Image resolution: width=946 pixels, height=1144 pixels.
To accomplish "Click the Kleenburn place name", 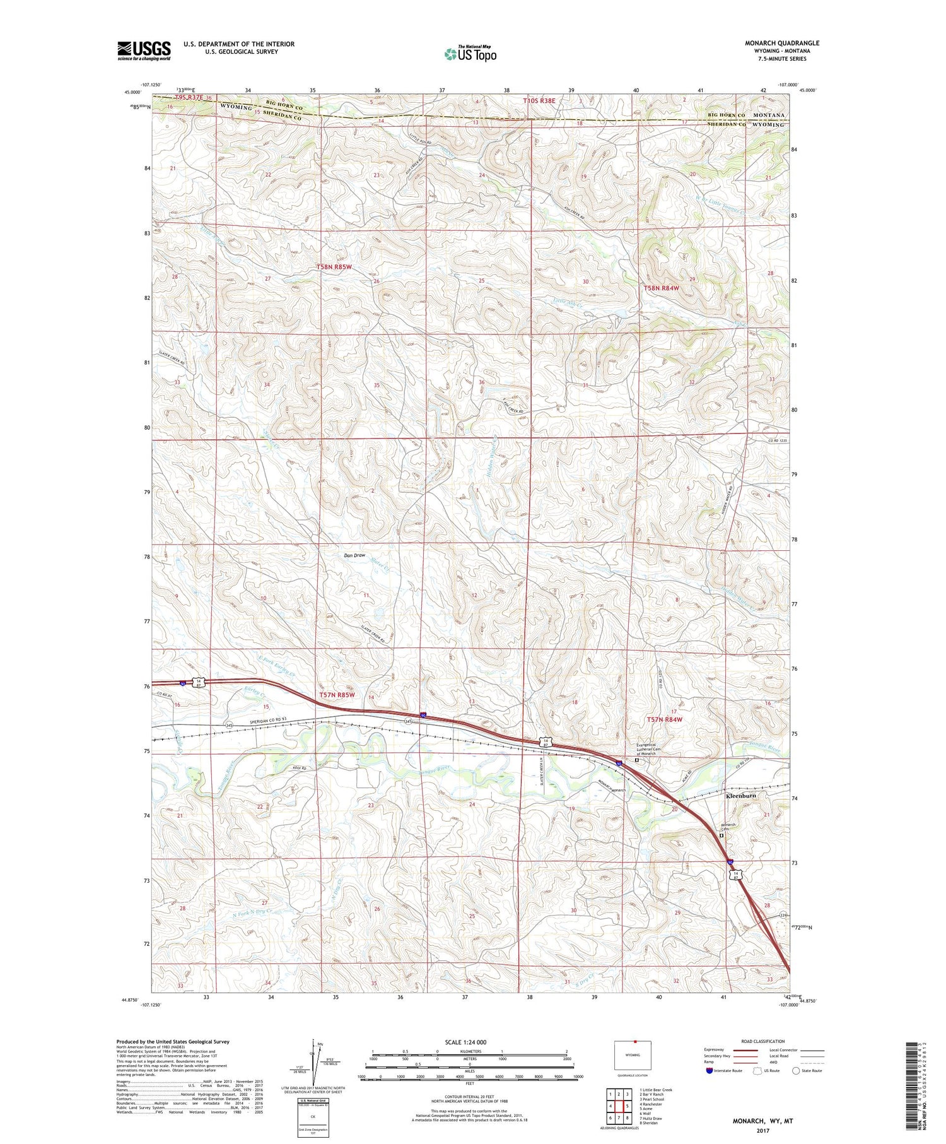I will point(741,796).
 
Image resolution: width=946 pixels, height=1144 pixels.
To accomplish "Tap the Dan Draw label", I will point(354,555).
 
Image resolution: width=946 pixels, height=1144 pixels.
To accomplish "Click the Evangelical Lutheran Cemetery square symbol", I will point(636,760).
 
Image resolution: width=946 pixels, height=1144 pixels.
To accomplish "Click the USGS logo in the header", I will point(144,50).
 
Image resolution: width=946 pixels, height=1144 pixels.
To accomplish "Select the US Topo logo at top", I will point(470,54).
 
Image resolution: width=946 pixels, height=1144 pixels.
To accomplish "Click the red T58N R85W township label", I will point(334,267).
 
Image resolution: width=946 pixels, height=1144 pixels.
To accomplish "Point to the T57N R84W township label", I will point(665,719).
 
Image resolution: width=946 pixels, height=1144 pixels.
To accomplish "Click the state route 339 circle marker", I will point(783,915).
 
